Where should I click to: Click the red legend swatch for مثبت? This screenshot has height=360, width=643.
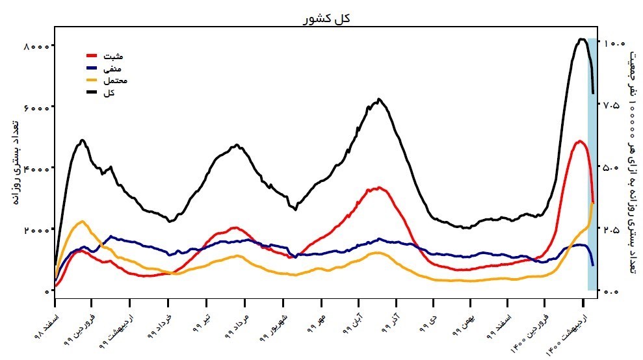click(92, 56)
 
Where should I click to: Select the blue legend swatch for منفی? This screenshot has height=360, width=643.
click(92, 68)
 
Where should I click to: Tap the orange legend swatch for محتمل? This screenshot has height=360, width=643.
click(92, 81)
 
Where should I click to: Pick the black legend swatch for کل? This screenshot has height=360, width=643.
click(92, 93)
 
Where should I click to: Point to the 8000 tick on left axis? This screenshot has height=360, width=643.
click(36, 46)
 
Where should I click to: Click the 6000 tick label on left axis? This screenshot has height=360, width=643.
click(36, 107)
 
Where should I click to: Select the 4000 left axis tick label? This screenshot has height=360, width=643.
click(36, 168)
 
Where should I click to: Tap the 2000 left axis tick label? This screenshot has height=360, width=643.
click(36, 230)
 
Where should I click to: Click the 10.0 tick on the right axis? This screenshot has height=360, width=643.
click(615, 44)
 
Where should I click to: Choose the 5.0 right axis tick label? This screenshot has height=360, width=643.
click(615, 168)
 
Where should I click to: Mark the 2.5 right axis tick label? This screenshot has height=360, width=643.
click(615, 230)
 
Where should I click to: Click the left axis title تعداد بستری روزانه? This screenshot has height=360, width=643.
click(14, 162)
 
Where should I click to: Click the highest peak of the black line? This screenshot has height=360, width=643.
click(581, 39)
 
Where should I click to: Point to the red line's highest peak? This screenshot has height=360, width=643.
click(579, 141)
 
